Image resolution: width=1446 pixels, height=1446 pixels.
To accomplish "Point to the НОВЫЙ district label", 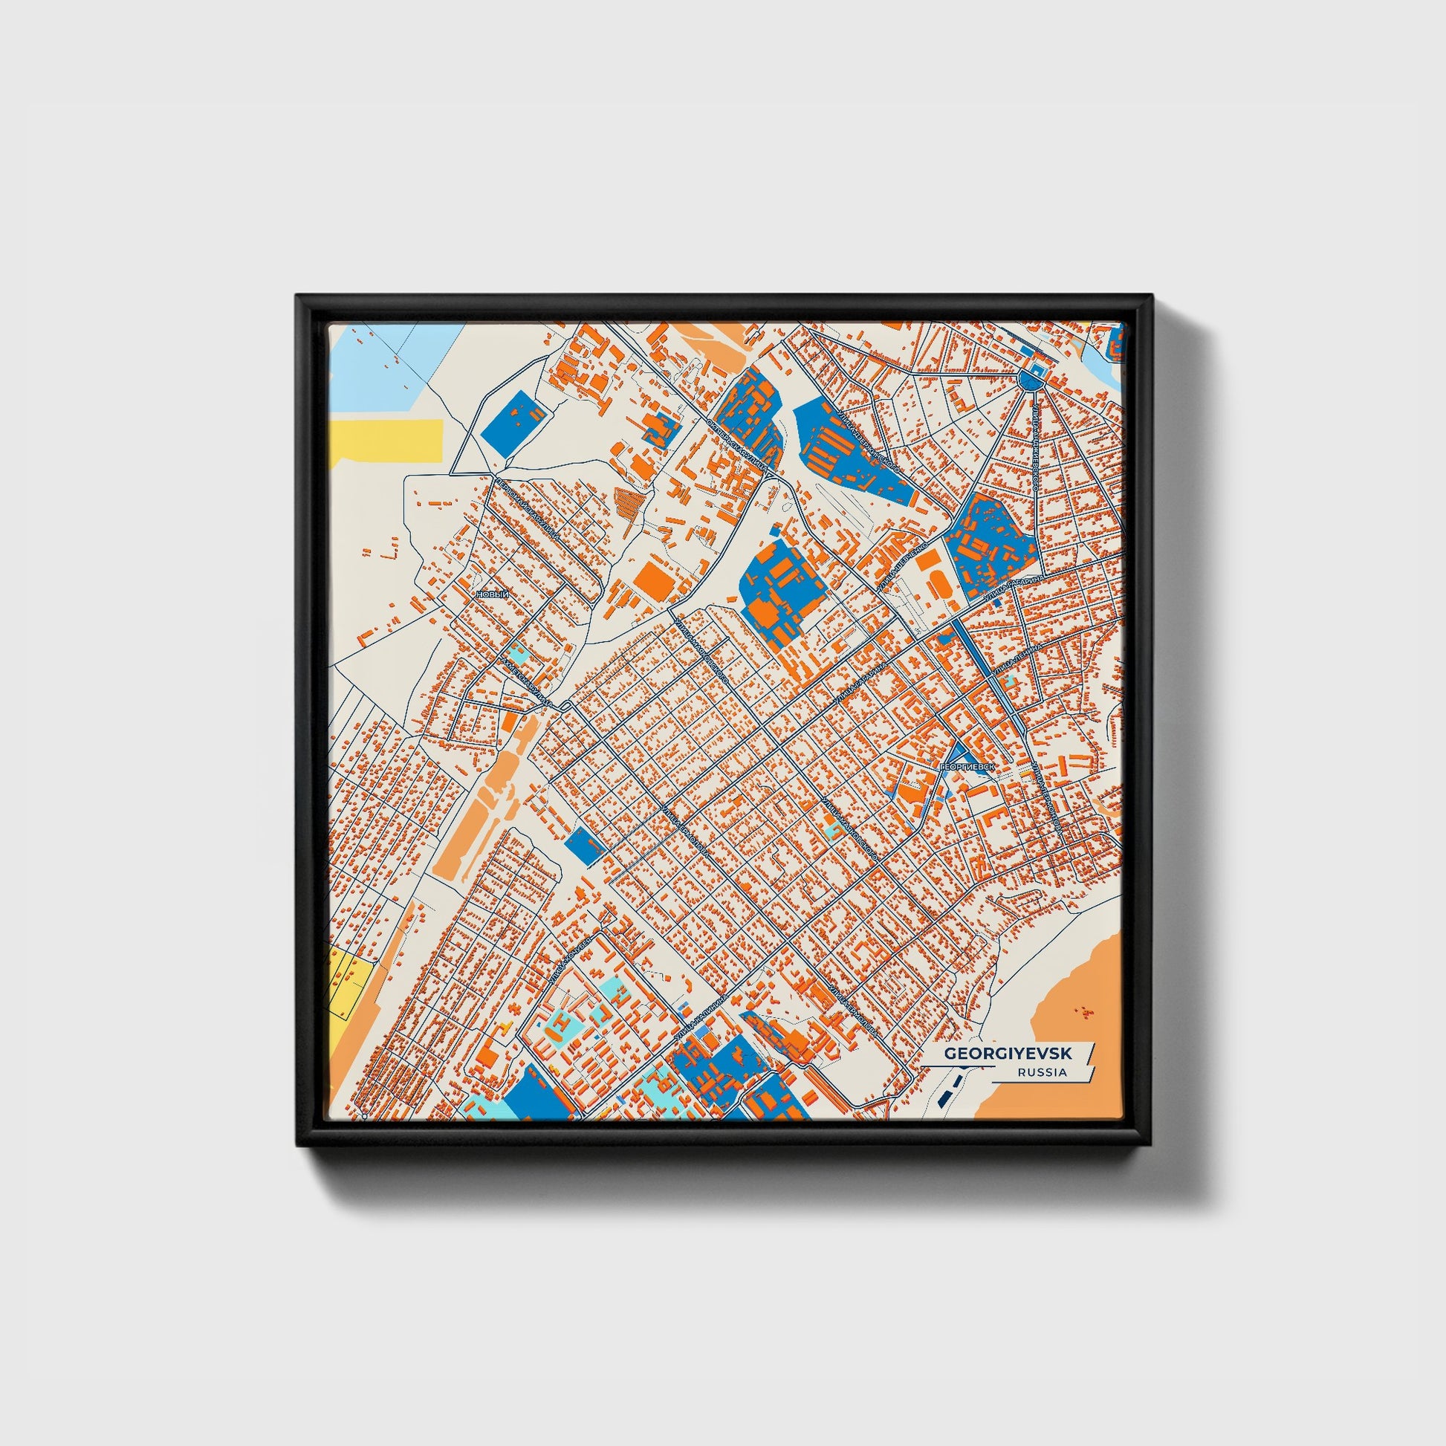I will tap(493, 594).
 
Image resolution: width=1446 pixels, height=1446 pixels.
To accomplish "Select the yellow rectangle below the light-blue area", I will tap(386, 437).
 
